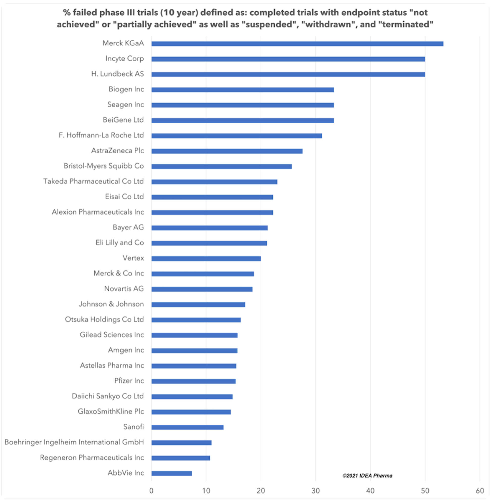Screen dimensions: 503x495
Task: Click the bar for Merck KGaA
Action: click(297, 44)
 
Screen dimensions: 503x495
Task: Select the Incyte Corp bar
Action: click(288, 59)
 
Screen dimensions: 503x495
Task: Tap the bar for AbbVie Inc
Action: click(172, 473)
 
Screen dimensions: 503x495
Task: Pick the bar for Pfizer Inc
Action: click(194, 381)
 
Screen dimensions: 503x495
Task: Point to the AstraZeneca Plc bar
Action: click(227, 151)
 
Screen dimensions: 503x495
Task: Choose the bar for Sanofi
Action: click(187, 427)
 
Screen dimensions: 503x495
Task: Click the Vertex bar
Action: click(206, 258)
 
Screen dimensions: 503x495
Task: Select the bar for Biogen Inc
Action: click(243, 90)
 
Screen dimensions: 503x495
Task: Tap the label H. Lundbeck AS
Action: click(118, 74)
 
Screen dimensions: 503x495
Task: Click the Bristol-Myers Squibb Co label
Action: click(104, 166)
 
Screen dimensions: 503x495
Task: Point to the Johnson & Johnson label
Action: click(111, 304)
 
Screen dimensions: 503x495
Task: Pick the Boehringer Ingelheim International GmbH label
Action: click(74, 442)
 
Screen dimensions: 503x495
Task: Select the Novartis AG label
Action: click(124, 289)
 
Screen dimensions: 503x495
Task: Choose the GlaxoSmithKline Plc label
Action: click(111, 412)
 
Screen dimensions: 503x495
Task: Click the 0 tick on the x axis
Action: click(151, 491)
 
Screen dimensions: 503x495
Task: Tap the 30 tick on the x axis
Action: click(316, 491)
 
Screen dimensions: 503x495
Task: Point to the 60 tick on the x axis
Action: click(480, 491)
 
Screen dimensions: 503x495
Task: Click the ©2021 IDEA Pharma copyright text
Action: click(367, 476)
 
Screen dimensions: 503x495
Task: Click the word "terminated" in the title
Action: click(406, 24)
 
